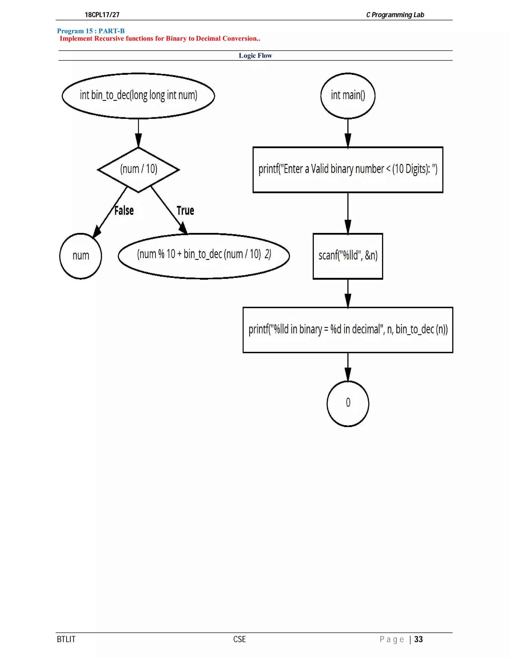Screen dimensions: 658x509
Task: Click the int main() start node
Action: [x=348, y=96]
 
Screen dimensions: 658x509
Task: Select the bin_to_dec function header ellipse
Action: [x=138, y=96]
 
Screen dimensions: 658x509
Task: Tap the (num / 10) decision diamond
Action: [x=138, y=169]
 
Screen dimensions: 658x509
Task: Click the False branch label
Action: [x=124, y=211]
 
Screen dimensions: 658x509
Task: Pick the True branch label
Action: [x=185, y=211]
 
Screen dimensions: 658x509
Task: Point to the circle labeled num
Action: [x=81, y=256]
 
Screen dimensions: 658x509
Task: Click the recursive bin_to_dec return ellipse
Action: [x=204, y=256]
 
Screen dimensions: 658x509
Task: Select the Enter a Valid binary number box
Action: [x=348, y=170]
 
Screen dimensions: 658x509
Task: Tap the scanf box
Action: [x=348, y=256]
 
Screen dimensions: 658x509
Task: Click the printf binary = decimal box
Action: [x=348, y=329]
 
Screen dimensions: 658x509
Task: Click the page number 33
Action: [x=418, y=639]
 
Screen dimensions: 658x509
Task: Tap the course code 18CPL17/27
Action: [x=102, y=15]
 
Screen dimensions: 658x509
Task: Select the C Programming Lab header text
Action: [x=395, y=15]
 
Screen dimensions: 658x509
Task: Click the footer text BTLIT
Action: [x=66, y=639]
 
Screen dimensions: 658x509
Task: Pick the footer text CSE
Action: [x=239, y=639]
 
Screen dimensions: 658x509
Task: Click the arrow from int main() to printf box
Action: [x=348, y=133]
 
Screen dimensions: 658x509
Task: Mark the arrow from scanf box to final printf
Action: [x=348, y=293]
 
